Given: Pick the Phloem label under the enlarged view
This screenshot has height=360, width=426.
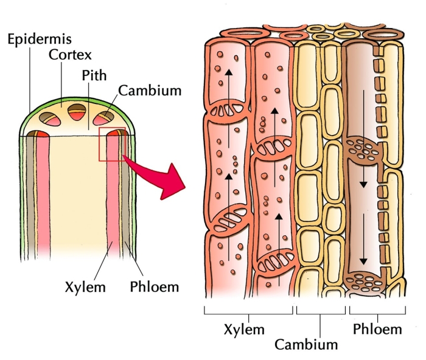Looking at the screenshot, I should [x=377, y=330].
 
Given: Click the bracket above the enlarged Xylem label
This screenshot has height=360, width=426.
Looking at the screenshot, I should [x=248, y=311].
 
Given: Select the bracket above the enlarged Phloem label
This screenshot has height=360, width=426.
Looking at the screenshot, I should [x=377, y=311].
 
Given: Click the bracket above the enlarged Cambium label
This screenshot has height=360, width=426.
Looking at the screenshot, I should [x=320, y=311].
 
